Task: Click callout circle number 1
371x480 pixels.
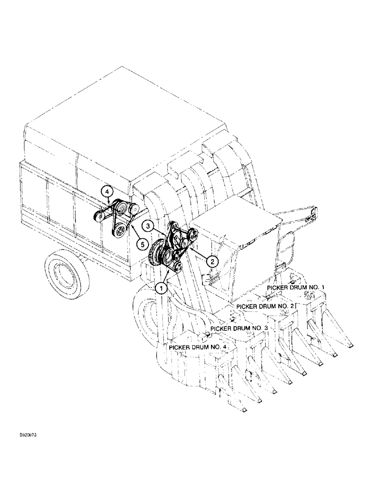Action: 161,288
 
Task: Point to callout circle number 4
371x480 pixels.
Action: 107,192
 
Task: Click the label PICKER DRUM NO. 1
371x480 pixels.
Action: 297,288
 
